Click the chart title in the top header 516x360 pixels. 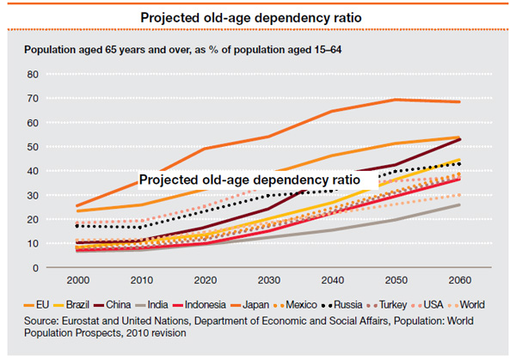[x=257, y=16]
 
